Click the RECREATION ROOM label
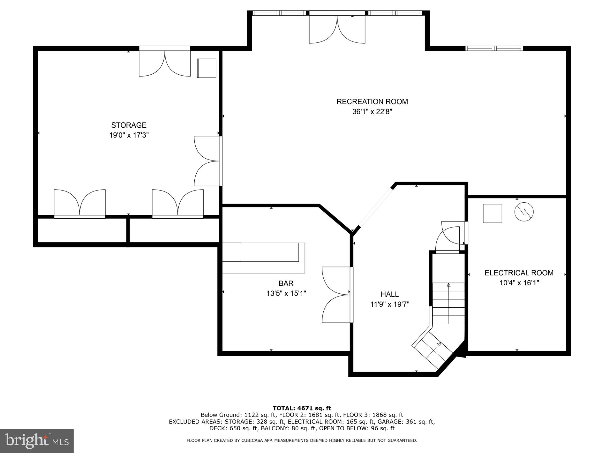pos(372,102)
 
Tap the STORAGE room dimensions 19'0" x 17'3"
pos(129,135)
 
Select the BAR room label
pos(286,283)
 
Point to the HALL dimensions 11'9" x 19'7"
pos(390,304)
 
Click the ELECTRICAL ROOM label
pos(519,273)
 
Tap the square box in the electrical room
pos(492,213)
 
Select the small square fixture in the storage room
pos(207,68)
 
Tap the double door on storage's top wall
pos(165,62)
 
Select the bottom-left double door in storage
pos(80,203)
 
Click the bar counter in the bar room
pos(264,257)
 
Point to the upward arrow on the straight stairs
pos(449,285)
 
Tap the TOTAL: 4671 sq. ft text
pos(302,408)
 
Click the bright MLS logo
pos(36,440)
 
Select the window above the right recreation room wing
pos(494,48)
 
